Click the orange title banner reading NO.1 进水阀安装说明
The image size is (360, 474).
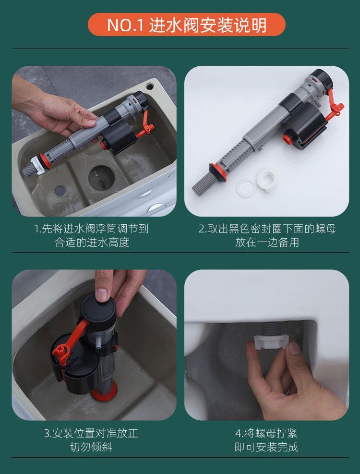pos(187,24)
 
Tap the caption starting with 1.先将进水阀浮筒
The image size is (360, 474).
pos(91,235)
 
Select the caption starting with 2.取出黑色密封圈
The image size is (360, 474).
pos(267,235)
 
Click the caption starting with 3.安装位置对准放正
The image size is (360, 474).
pos(91,440)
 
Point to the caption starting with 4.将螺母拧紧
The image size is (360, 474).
pos(266,440)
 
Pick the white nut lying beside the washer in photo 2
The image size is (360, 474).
pos(266,181)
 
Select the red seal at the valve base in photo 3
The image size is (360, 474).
pos(104,392)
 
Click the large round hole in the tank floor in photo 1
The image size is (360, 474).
pos(101,178)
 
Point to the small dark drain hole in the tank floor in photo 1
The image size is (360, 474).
pos(60,190)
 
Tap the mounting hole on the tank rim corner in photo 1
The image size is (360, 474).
pos(150,86)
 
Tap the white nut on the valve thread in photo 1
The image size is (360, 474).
pos(37,165)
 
